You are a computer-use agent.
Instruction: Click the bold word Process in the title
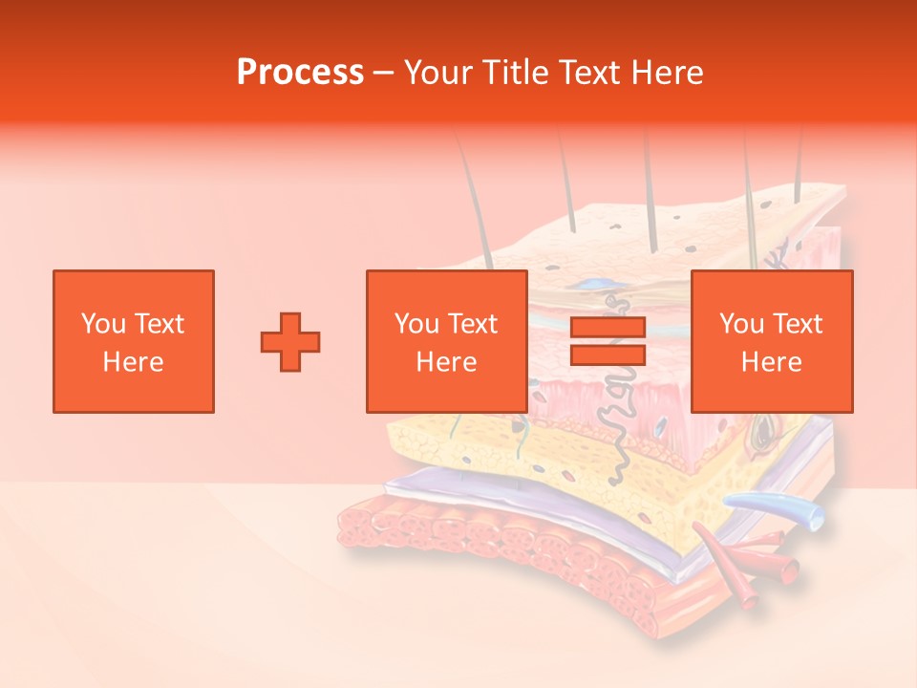coord(300,73)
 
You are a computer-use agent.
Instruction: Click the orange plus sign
coord(290,341)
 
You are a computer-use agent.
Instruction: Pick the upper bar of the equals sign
coord(608,328)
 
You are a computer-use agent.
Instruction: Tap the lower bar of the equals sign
coord(608,355)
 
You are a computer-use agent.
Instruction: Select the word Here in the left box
coord(133,362)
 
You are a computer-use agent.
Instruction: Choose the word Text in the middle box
coord(473,324)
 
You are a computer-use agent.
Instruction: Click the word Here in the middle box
coord(446,362)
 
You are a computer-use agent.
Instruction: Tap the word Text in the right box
coord(798,324)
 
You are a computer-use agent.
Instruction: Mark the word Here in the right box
coord(771,362)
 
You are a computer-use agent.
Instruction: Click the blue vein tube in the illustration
coord(774,505)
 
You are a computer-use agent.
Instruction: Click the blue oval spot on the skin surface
coord(595,284)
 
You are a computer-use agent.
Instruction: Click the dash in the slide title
coord(383,73)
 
